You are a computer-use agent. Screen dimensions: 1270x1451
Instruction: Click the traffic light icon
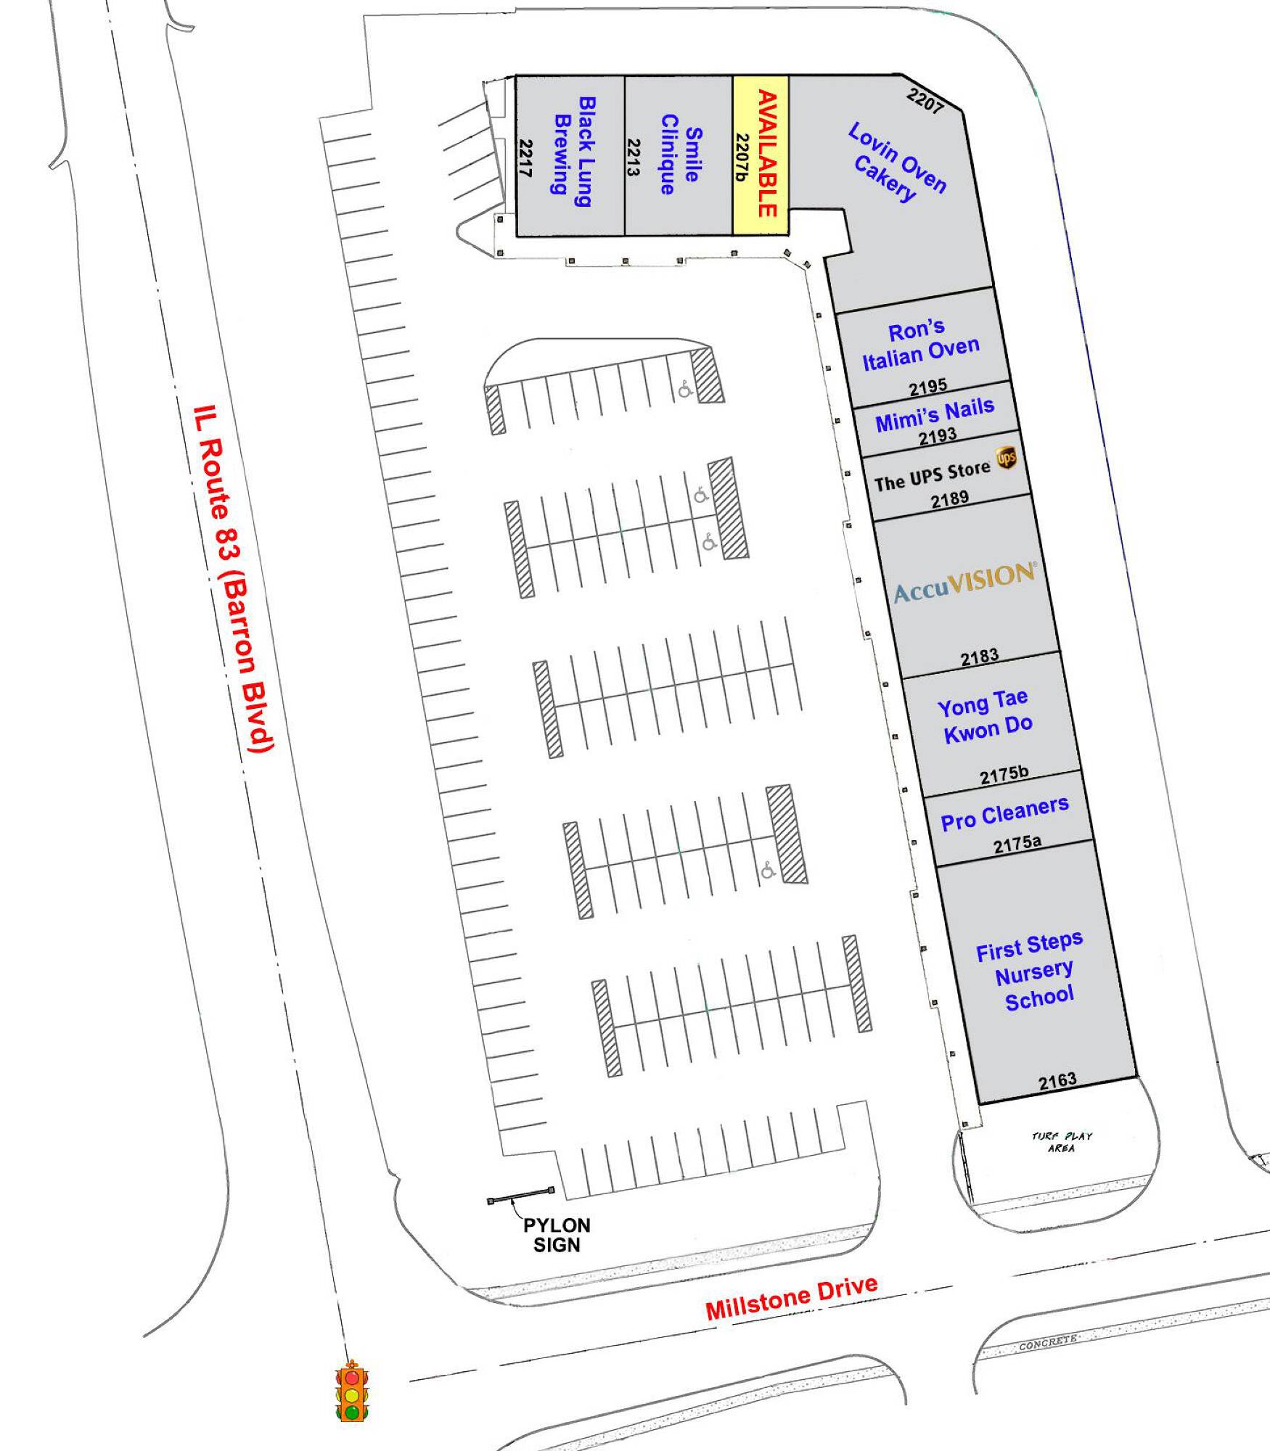click(352, 1389)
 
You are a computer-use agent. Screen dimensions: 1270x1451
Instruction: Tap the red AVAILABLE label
click(767, 154)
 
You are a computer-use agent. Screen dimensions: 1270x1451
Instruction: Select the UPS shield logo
click(1006, 458)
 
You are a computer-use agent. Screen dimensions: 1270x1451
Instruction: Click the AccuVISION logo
click(965, 582)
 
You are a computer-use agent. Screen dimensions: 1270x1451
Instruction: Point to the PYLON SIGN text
click(557, 1235)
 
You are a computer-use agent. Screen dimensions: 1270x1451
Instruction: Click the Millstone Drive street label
click(792, 1298)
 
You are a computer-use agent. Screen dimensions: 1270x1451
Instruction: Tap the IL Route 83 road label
click(233, 578)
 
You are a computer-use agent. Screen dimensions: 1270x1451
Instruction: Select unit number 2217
click(525, 158)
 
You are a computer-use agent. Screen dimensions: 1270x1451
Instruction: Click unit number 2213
click(634, 157)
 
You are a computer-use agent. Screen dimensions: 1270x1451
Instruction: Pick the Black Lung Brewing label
click(573, 152)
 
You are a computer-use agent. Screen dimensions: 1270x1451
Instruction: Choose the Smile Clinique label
click(681, 154)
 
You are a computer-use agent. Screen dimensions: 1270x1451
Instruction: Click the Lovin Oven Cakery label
click(897, 163)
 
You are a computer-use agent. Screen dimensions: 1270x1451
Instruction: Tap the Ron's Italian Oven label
click(920, 345)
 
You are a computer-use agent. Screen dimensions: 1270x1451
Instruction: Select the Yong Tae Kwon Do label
click(986, 717)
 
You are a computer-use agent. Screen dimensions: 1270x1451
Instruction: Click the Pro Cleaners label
click(1004, 813)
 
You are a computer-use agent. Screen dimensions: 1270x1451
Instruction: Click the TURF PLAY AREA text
click(1062, 1142)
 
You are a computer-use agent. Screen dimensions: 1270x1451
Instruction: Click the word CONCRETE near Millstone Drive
click(1048, 1343)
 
